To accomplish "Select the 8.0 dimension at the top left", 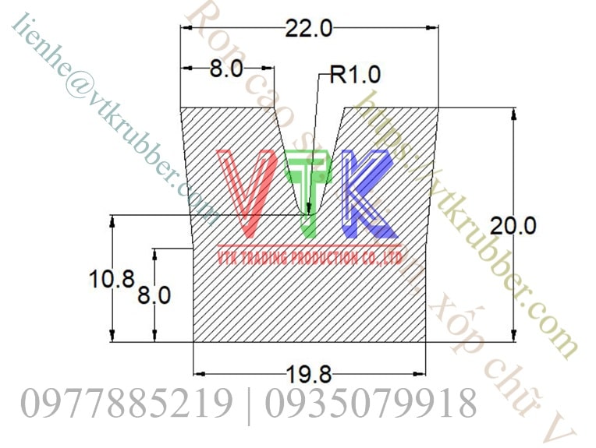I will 226,69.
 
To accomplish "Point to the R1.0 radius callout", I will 355,75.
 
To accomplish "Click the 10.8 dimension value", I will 112,279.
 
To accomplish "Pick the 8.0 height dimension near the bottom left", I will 154,295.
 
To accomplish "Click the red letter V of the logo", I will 247,192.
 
